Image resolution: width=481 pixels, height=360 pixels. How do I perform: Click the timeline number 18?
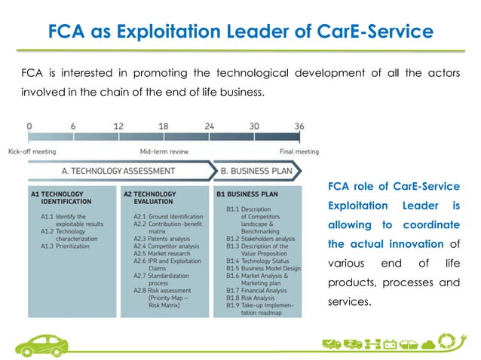pyautogui.click(x=164, y=127)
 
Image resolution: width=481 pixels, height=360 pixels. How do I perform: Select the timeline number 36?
pyautogui.click(x=299, y=127)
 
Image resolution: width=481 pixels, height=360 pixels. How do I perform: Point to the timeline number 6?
pyautogui.click(x=73, y=127)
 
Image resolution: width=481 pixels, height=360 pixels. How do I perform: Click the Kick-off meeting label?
pyautogui.click(x=29, y=151)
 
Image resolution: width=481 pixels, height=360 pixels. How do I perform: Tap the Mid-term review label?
pyautogui.click(x=164, y=151)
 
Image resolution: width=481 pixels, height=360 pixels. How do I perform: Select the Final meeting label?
pyautogui.click(x=299, y=151)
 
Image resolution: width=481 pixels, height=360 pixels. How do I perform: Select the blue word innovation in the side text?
pyautogui.click(x=414, y=243)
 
